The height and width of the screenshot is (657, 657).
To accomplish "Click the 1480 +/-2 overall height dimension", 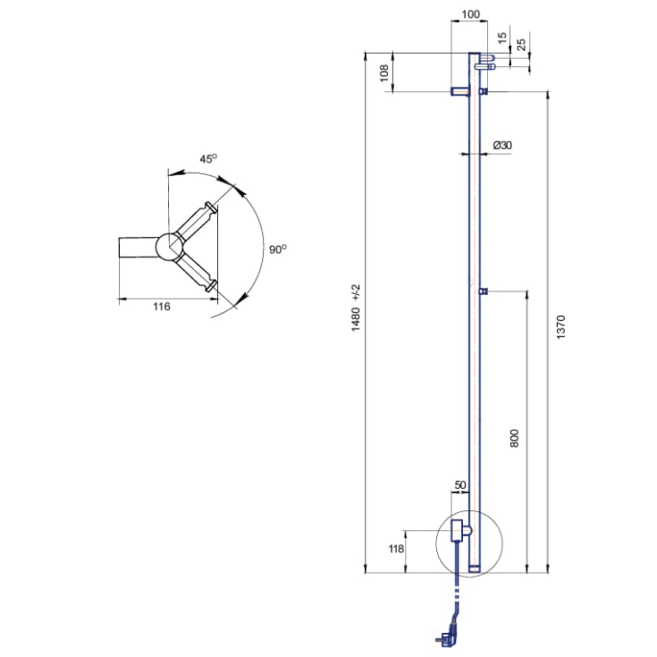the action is point(356,308).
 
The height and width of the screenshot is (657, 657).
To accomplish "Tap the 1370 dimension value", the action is point(560,327).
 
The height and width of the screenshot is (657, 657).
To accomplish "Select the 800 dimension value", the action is point(515,438).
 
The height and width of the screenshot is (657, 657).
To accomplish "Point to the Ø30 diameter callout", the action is point(502,145).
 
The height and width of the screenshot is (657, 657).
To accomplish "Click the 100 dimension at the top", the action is point(470,14).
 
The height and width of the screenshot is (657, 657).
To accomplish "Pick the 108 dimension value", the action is point(383,73).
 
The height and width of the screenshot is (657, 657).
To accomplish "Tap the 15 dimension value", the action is point(502,38).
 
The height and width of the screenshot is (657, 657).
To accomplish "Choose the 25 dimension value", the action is point(521,45).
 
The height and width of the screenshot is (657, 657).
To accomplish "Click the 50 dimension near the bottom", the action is point(460,484).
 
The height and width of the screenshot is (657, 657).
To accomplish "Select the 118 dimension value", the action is point(396,548).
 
